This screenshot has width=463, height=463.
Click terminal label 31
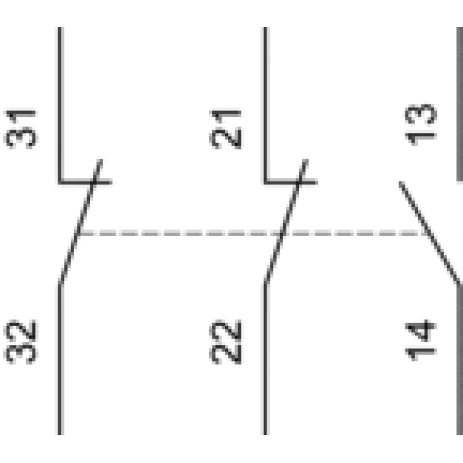tap(21, 130)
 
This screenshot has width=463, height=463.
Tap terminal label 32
tap(21, 342)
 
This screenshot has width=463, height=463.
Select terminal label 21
tap(226, 130)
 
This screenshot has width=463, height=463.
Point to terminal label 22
tap(226, 342)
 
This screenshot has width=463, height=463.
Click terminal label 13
tap(421, 124)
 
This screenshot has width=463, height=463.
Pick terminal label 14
tap(421, 340)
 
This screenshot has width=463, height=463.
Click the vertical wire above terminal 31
tap(61, 104)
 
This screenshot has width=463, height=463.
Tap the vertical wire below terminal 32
tap(61, 359)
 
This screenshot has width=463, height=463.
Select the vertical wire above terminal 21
tap(265, 104)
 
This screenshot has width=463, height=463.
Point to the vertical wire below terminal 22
tap(265, 359)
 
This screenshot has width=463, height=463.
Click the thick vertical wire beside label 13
tap(460, 104)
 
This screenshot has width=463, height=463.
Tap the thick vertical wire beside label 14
tap(460, 359)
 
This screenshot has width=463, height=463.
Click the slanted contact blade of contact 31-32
tap(80, 222)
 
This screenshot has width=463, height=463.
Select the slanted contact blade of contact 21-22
tap(285, 222)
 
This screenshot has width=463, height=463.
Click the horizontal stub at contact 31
tap(85, 183)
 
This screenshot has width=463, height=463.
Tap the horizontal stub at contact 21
tap(291, 183)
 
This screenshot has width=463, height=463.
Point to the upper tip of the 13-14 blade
tap(400, 183)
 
